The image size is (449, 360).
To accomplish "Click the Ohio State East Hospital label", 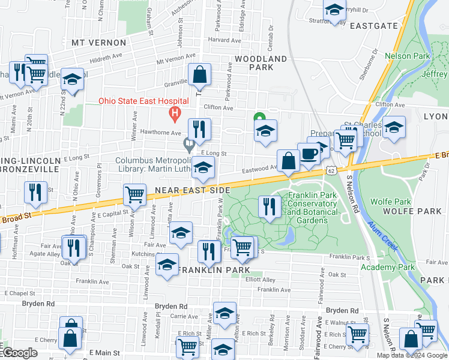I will pyautogui.click(x=145, y=101).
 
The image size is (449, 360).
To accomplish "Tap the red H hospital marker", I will pyautogui.click(x=175, y=112).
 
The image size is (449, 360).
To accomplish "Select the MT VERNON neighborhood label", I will pyautogui.click(x=99, y=43).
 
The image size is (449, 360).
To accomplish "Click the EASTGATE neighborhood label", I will pyautogui.click(x=374, y=26).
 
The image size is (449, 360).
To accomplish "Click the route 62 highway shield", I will pyautogui.click(x=331, y=170).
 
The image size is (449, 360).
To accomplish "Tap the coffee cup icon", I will pyautogui.click(x=309, y=153).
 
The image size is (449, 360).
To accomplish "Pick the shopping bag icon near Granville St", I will pyautogui.click(x=199, y=74).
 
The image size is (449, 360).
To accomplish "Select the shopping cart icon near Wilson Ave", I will pyautogui.click(x=134, y=194).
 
